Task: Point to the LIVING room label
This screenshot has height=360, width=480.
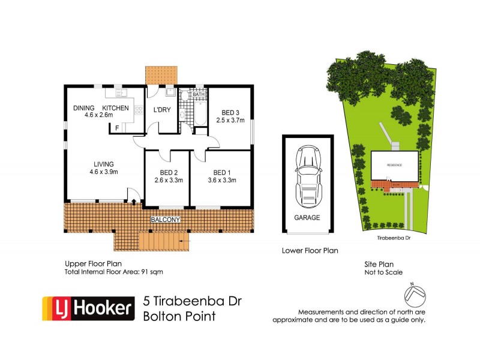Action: coord(103,164)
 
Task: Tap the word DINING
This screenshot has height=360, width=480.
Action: coord(84,107)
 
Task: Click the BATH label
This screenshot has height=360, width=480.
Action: coord(199,94)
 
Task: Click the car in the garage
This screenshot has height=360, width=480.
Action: coord(308,175)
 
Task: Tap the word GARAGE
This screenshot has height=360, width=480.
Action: coord(307,218)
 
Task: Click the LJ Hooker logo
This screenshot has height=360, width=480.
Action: coord(87,308)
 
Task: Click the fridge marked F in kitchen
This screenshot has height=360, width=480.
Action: coord(116,128)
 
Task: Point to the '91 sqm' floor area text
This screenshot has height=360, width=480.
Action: coord(151,272)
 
